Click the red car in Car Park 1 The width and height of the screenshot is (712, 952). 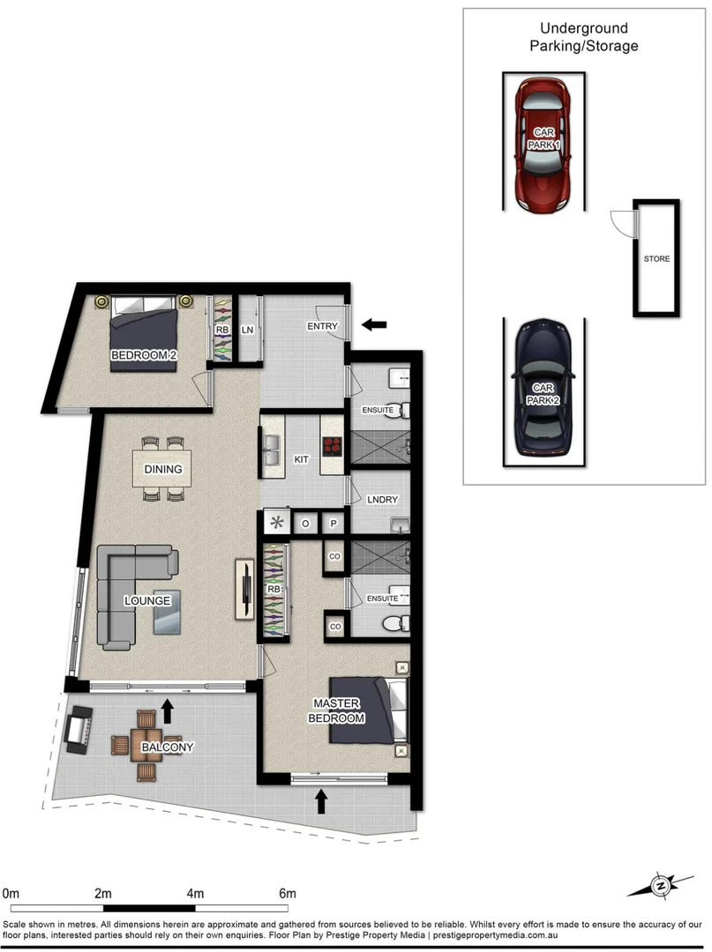[x=543, y=145]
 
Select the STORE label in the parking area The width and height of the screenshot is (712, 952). [x=656, y=259]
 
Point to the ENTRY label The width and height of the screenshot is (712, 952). [x=323, y=326]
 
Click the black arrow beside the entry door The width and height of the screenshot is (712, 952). [x=374, y=324]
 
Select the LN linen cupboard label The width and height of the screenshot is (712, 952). [x=248, y=331]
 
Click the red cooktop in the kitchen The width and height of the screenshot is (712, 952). [x=332, y=445]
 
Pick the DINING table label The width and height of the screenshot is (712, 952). [x=163, y=470]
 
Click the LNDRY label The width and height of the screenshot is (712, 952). [x=381, y=500]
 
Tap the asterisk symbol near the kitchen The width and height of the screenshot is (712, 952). [x=277, y=522]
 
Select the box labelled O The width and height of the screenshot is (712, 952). [x=305, y=523]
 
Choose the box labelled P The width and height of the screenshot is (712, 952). [x=334, y=523]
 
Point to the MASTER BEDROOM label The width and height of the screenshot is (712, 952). [x=336, y=710]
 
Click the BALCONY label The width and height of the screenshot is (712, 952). [x=167, y=747]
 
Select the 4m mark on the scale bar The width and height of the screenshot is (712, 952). [x=194, y=893]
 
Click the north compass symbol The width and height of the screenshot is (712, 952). [x=659, y=884]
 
